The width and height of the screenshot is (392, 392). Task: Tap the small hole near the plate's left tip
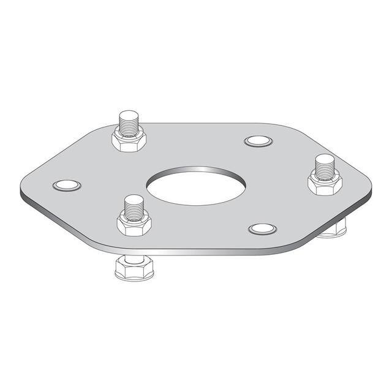click(x=67, y=185)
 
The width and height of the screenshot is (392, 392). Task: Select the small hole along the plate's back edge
click(x=258, y=141)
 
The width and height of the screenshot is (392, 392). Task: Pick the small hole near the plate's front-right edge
click(x=262, y=228)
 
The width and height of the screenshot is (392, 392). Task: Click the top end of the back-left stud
click(x=129, y=115)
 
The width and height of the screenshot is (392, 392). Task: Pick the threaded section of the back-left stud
click(x=129, y=126)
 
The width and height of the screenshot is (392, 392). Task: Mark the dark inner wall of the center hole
click(x=197, y=171)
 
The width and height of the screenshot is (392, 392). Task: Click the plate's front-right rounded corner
click(x=294, y=245)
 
